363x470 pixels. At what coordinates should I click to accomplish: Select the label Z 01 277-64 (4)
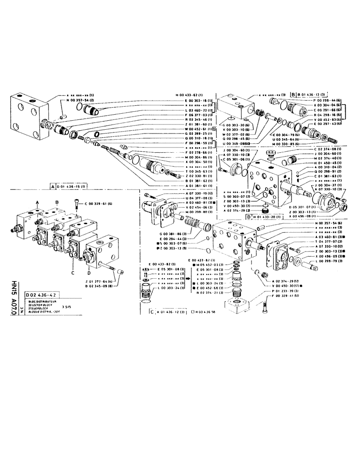point(110,280)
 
